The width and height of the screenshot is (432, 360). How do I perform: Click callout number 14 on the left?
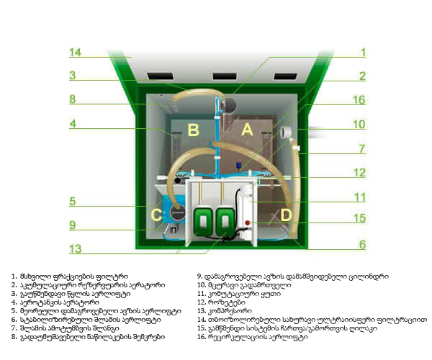pyautogui.click(x=74, y=53)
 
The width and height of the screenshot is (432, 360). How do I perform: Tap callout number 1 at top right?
pyautogui.click(x=363, y=53)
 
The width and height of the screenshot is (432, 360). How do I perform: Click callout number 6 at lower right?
pyautogui.click(x=362, y=244)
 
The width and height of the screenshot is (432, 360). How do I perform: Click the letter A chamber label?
pyautogui.click(x=247, y=130)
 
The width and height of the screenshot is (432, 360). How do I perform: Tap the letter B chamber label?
pyautogui.click(x=194, y=130)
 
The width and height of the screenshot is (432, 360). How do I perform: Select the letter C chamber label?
pyautogui.click(x=156, y=214)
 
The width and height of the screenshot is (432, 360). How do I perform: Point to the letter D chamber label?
pyautogui.click(x=285, y=214)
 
